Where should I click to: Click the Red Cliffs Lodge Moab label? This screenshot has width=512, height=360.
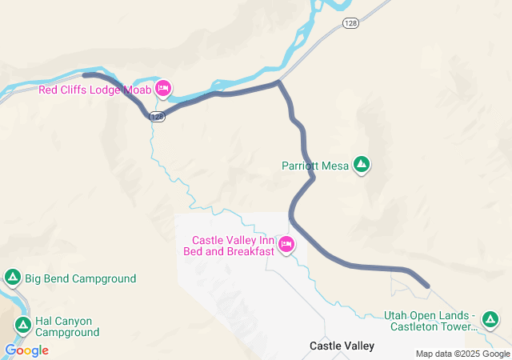(95, 89)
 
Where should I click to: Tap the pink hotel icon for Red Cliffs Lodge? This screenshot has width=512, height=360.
(163, 89)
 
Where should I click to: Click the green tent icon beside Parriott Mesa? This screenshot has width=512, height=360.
(362, 165)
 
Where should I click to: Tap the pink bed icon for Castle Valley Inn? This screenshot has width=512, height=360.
(286, 245)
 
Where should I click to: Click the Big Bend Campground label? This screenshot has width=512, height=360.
(80, 278)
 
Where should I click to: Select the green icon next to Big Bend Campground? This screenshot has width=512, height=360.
(13, 278)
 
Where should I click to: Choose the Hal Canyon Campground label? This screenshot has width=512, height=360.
(67, 326)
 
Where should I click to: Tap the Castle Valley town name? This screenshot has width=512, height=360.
(342, 346)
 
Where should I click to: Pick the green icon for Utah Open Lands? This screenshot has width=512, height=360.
(490, 320)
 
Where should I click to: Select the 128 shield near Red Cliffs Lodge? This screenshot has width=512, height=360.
(157, 117)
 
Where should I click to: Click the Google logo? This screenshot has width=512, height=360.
(26, 350)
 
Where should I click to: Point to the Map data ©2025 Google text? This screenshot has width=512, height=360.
(462, 354)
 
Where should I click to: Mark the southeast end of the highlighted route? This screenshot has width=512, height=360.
(427, 285)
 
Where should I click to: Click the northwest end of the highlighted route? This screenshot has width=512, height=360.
(85, 75)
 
